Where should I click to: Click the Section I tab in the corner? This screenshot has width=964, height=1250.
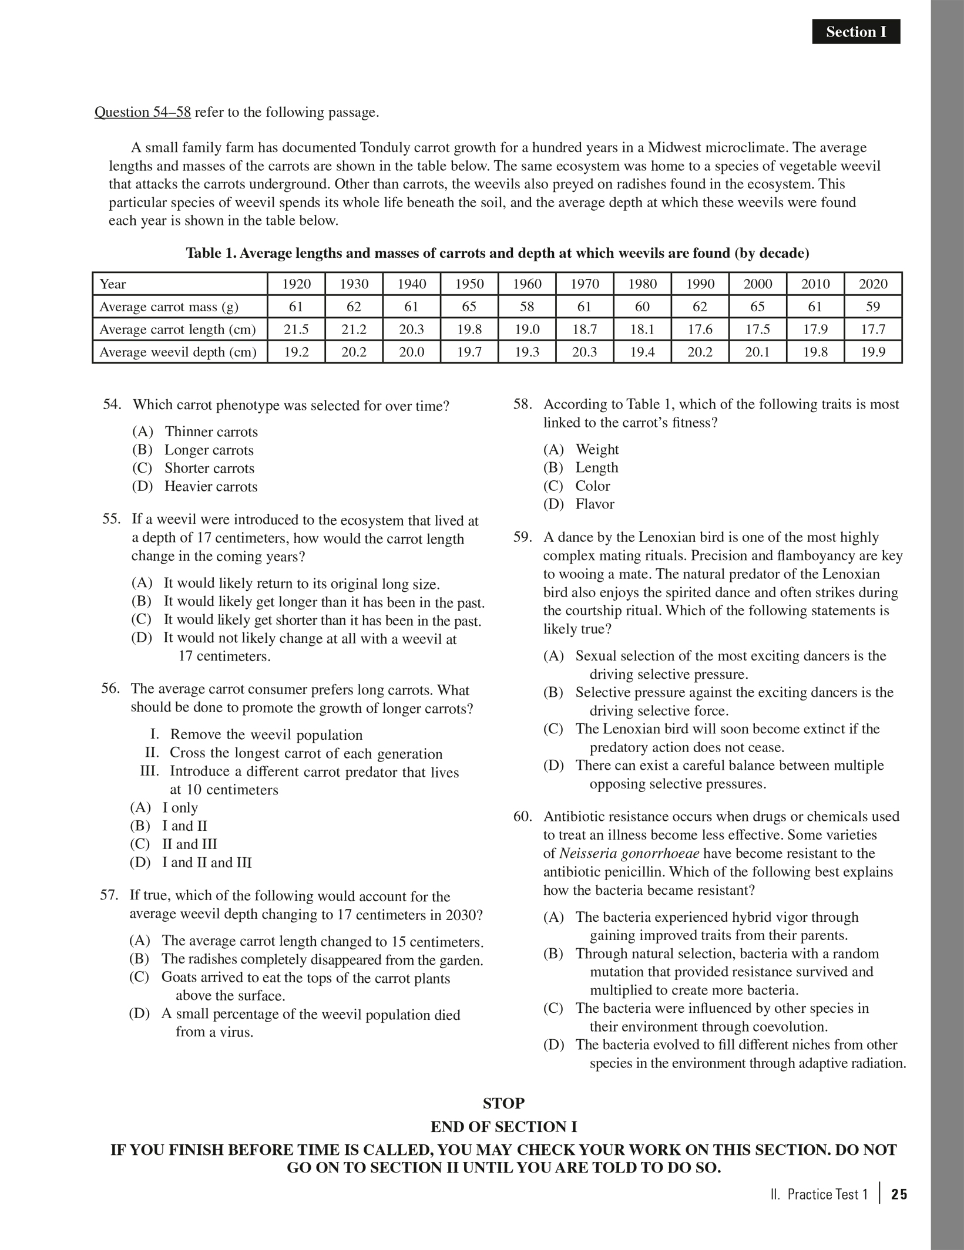click(x=855, y=32)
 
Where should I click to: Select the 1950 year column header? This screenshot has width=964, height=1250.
click(x=469, y=284)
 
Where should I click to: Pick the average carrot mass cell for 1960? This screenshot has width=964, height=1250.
click(x=527, y=306)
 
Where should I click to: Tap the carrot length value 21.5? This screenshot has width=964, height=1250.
click(x=296, y=329)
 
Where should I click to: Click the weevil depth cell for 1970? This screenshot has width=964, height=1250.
click(x=585, y=352)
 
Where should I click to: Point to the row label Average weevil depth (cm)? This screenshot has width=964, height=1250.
click(x=178, y=352)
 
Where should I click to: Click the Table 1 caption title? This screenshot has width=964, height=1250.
click(x=497, y=253)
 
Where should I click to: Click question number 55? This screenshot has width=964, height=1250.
click(x=111, y=519)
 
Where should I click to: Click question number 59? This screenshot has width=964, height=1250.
click(x=522, y=537)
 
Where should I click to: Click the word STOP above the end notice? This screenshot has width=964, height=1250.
click(x=503, y=1103)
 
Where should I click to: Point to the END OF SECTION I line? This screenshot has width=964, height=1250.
click(x=503, y=1127)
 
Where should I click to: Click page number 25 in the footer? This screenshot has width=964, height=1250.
click(x=899, y=1194)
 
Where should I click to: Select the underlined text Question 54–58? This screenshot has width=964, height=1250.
click(x=143, y=112)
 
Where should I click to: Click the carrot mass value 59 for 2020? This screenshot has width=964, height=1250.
click(x=873, y=306)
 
